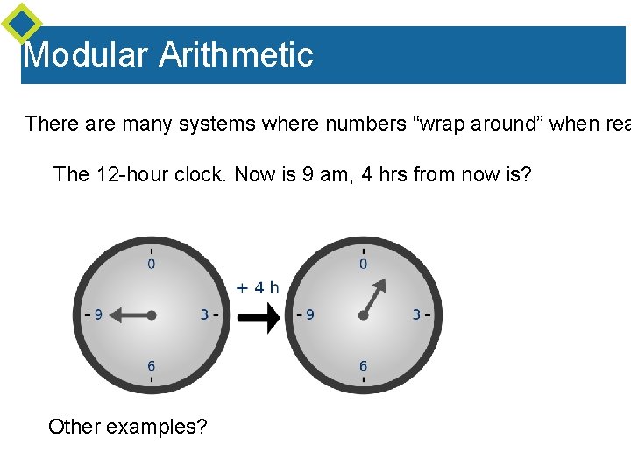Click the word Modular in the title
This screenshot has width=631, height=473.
[85, 55]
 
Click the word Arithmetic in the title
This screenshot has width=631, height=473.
[236, 55]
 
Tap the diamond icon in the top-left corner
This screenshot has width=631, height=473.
[21, 23]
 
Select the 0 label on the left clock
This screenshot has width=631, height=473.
[152, 263]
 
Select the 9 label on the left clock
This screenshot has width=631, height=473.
[98, 314]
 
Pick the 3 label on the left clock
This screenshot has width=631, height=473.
[204, 314]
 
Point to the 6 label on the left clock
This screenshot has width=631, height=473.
[152, 366]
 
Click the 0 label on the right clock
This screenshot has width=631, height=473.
[363, 263]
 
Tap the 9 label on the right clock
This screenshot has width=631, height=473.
[309, 314]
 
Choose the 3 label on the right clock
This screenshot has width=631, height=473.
[416, 314]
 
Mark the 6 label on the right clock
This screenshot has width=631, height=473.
[363, 366]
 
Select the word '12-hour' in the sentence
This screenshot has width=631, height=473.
[129, 174]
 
